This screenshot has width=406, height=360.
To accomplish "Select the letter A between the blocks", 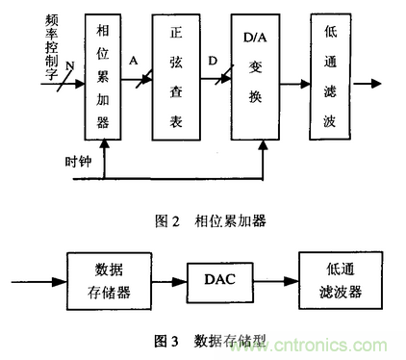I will (x=134, y=60).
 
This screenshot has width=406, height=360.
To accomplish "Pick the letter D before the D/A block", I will (x=211, y=60).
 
